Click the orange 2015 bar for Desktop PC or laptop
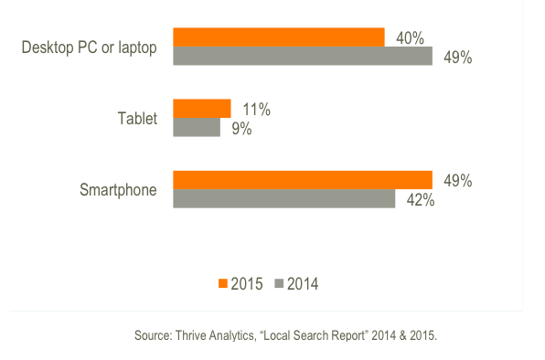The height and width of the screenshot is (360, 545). tap(278, 37)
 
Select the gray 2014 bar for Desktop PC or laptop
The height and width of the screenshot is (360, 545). tap(302, 57)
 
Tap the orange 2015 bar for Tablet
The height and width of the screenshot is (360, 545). tap(201, 109)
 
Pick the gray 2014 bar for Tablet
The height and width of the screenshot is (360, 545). tap(196, 128)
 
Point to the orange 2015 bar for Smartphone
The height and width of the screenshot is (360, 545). tap(302, 180)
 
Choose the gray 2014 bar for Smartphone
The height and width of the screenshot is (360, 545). tap(283, 199)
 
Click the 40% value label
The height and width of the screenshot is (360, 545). tap(409, 37)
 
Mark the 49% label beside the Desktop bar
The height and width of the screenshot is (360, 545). tap(457, 58)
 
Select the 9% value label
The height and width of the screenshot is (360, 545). tap(240, 129)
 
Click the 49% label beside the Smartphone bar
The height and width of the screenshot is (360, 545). tap(457, 181)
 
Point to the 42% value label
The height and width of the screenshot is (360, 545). tap(420, 200)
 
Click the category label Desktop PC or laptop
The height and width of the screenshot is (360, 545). tap(90, 48)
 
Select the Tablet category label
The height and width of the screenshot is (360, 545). tap(137, 119)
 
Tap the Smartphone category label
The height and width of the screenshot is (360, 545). tap(118, 190)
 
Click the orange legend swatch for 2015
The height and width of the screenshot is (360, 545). tap(222, 283)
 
